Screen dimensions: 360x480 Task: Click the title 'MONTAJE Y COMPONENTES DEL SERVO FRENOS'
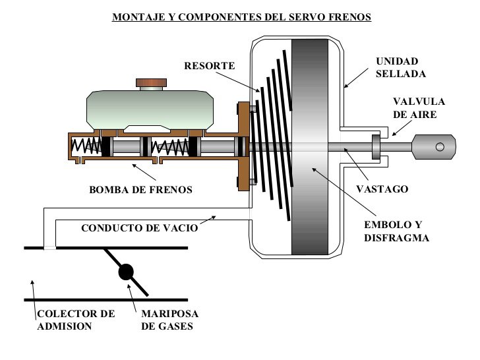click(x=241, y=16)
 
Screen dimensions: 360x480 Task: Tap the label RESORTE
click(x=209, y=67)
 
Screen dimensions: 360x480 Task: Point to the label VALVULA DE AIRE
click(x=419, y=107)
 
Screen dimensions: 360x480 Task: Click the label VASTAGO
click(x=382, y=189)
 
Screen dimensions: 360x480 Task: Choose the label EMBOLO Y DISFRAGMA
click(x=396, y=231)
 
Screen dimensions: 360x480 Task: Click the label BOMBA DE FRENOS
click(x=140, y=190)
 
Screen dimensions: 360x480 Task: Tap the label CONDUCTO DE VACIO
click(x=139, y=229)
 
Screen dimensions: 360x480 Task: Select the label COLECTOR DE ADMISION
click(x=75, y=319)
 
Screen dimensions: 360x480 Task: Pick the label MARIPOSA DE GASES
click(x=169, y=319)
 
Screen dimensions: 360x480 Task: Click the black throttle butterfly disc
click(x=125, y=272)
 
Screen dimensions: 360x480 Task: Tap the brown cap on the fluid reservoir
click(x=151, y=83)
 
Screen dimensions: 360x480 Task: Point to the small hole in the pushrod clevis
click(x=440, y=147)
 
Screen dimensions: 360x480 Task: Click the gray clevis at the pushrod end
click(x=433, y=147)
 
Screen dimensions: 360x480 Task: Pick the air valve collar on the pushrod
click(x=376, y=147)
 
